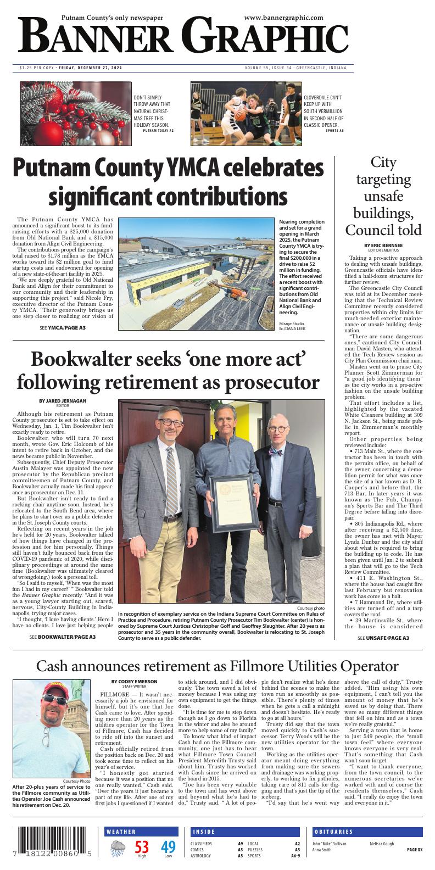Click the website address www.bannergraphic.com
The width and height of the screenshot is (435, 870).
click(x=283, y=18)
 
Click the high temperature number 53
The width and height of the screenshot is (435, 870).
click(x=142, y=847)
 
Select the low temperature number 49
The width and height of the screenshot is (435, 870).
click(x=168, y=847)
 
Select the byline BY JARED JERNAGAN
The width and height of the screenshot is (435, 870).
click(x=63, y=401)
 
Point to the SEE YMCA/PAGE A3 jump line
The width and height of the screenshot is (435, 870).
click(x=63, y=328)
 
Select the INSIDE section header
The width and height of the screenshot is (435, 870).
click(x=204, y=832)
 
